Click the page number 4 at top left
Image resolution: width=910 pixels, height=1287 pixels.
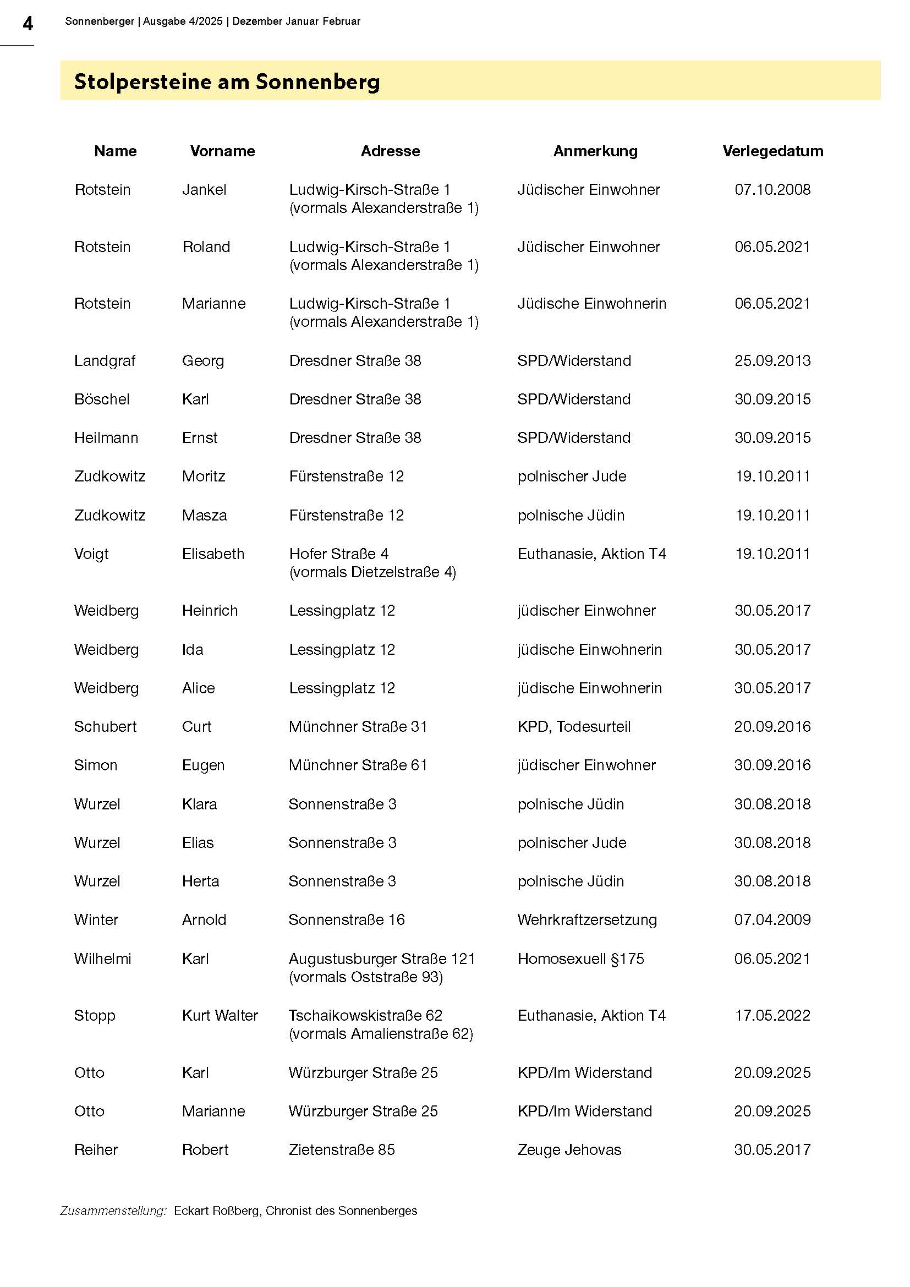[28, 24]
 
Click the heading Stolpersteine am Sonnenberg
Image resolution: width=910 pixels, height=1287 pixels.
[227, 81]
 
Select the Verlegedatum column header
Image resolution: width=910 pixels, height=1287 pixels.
[772, 151]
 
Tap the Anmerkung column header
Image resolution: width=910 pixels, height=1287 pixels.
[595, 151]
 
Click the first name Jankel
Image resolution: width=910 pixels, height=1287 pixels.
[204, 189]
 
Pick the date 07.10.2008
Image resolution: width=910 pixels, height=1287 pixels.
[772, 189]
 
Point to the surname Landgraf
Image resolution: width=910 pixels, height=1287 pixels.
[105, 360]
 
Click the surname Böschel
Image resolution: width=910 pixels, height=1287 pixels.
[101, 399]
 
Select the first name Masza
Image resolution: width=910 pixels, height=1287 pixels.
[204, 515]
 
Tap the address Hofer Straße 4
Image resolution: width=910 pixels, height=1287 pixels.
[338, 554]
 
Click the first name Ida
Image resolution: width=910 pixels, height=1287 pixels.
[192, 649]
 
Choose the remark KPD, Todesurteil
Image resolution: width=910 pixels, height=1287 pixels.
[574, 726]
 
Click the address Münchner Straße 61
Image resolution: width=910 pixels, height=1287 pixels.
[358, 765]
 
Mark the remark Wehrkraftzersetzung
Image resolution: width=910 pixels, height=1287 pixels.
[586, 920]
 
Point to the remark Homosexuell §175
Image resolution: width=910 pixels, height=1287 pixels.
[580, 959]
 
